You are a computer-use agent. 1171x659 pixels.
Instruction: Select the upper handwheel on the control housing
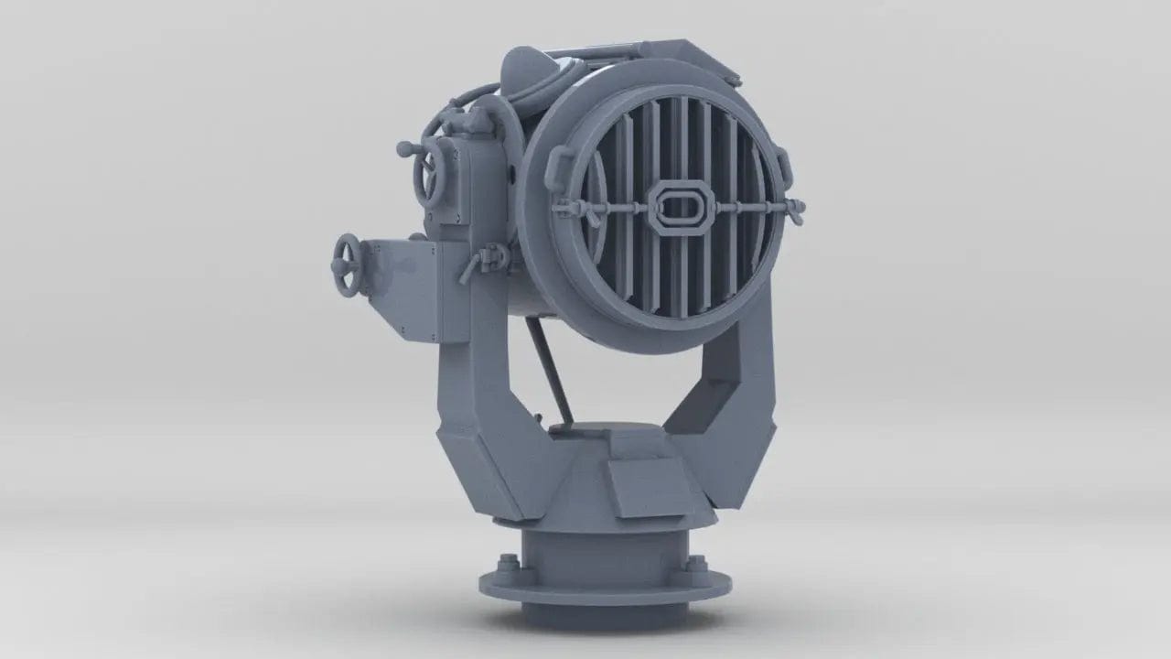(427, 173)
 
